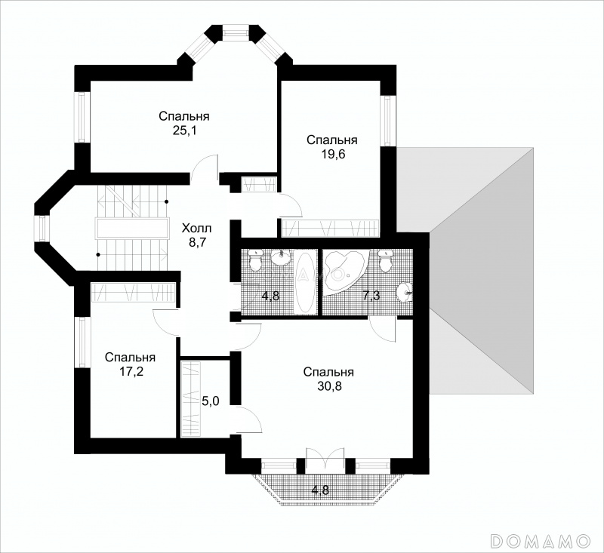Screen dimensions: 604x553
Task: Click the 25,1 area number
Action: pos(184,131)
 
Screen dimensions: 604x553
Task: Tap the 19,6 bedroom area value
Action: pos(331,155)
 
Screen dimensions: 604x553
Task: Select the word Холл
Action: pos(196,229)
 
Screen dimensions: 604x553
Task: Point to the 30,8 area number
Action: pos(328,386)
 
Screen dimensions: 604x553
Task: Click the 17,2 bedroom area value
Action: pos(130,372)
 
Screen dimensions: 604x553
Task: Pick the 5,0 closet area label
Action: pos(211,401)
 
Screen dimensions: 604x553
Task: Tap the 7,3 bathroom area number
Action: pos(371,296)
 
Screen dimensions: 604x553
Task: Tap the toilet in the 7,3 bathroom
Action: pos(384,260)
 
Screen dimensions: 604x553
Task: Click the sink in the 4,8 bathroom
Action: pos(282,257)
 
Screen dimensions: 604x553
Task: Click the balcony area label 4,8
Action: pos(320,490)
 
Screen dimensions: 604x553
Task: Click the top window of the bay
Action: pos(236,32)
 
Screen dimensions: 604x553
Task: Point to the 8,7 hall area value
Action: pos(196,243)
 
